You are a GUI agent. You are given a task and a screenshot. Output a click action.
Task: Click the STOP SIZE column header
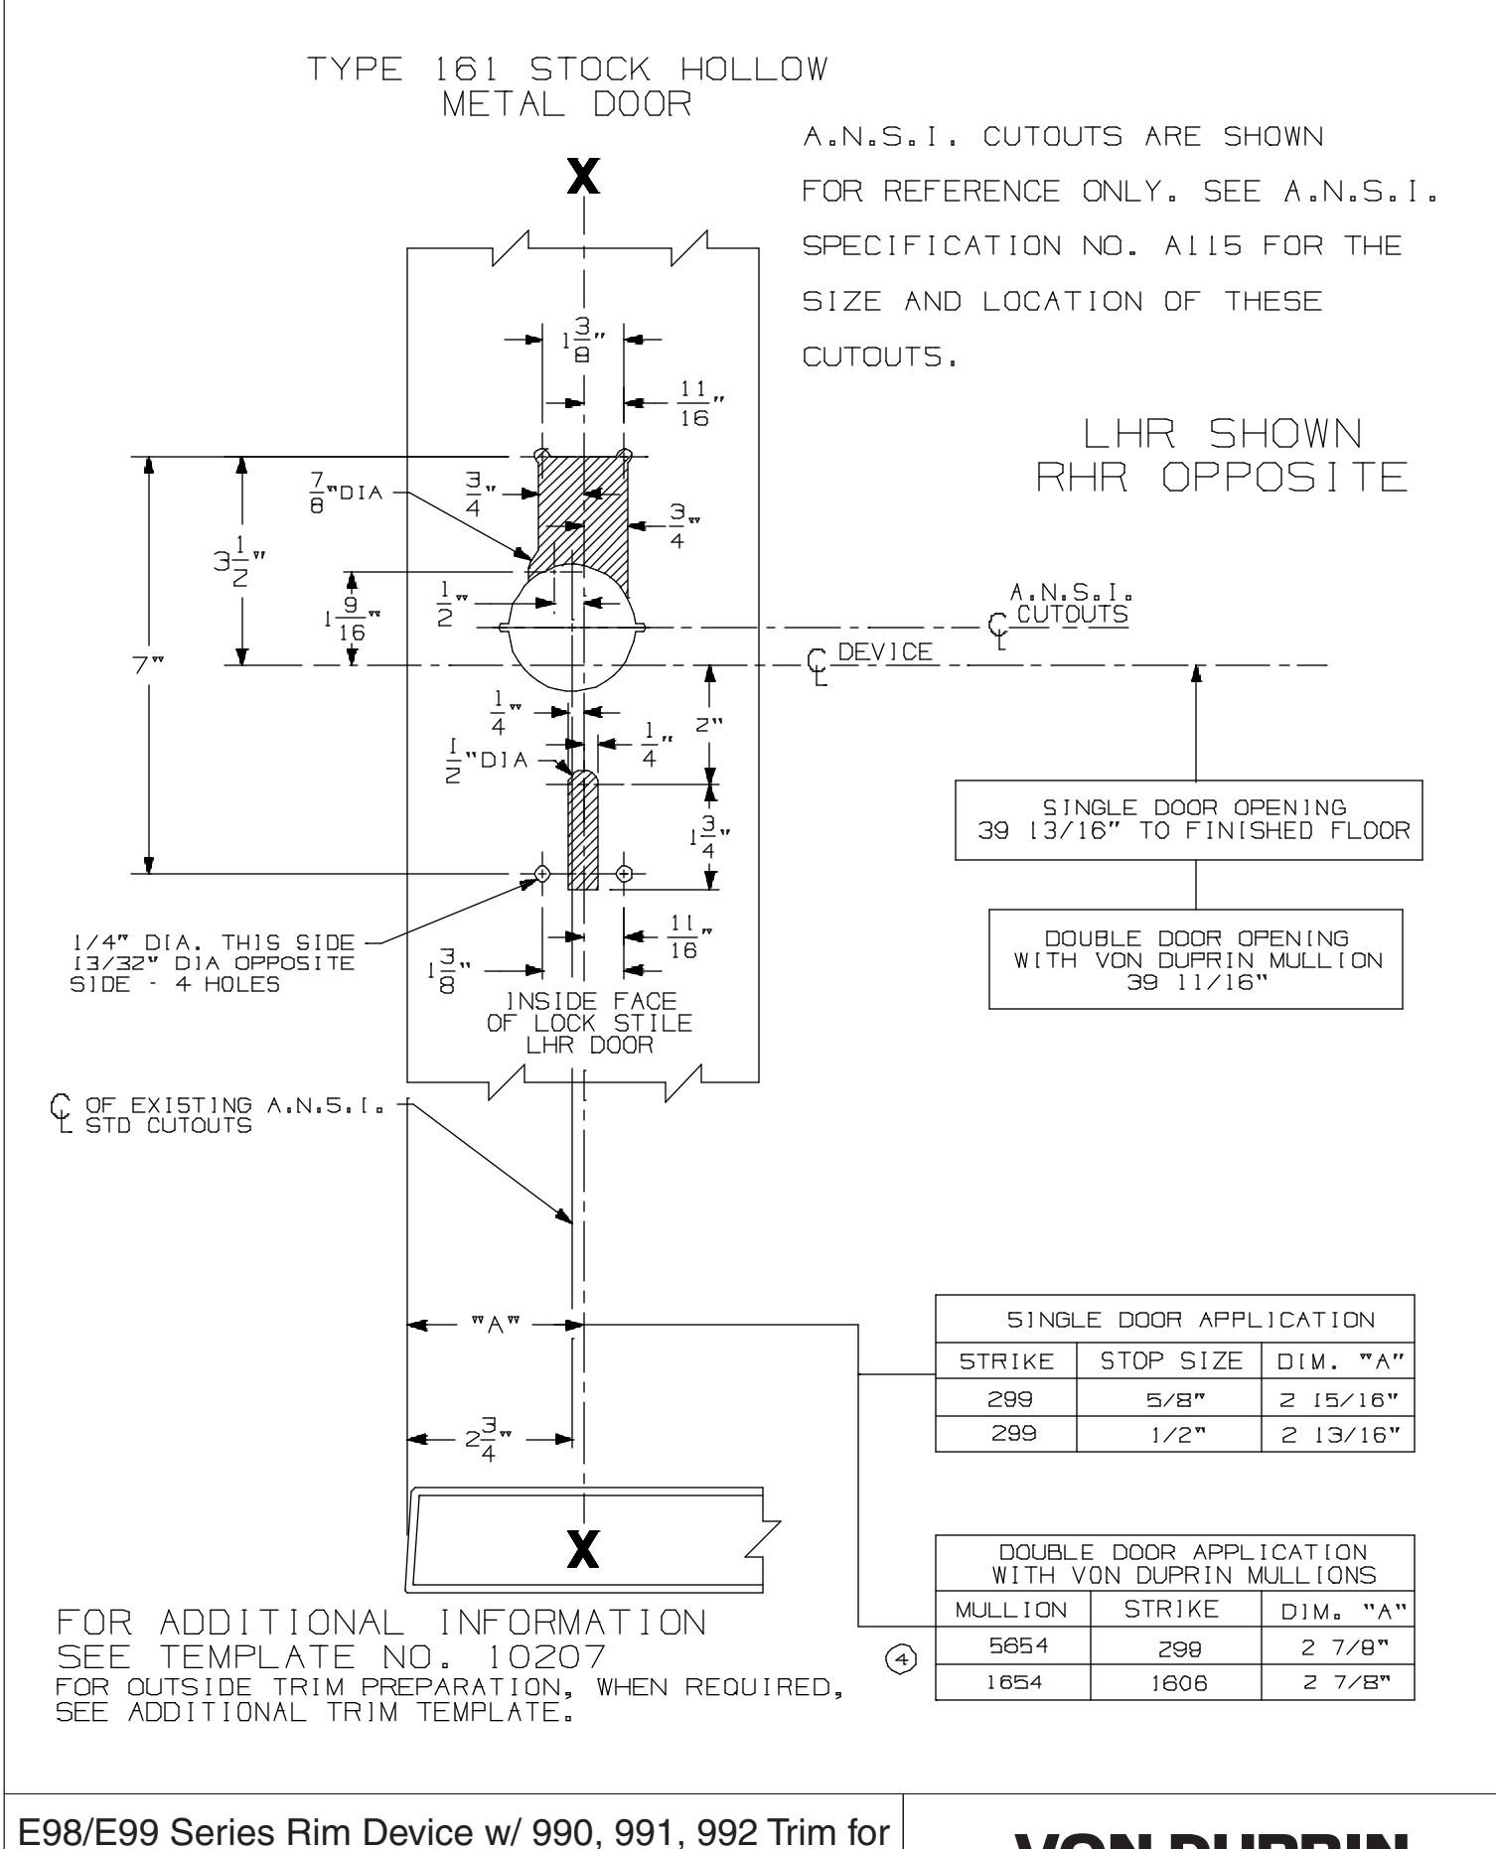coord(1168,1359)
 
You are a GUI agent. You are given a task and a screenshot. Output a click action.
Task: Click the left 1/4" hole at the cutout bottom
coord(541,873)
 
